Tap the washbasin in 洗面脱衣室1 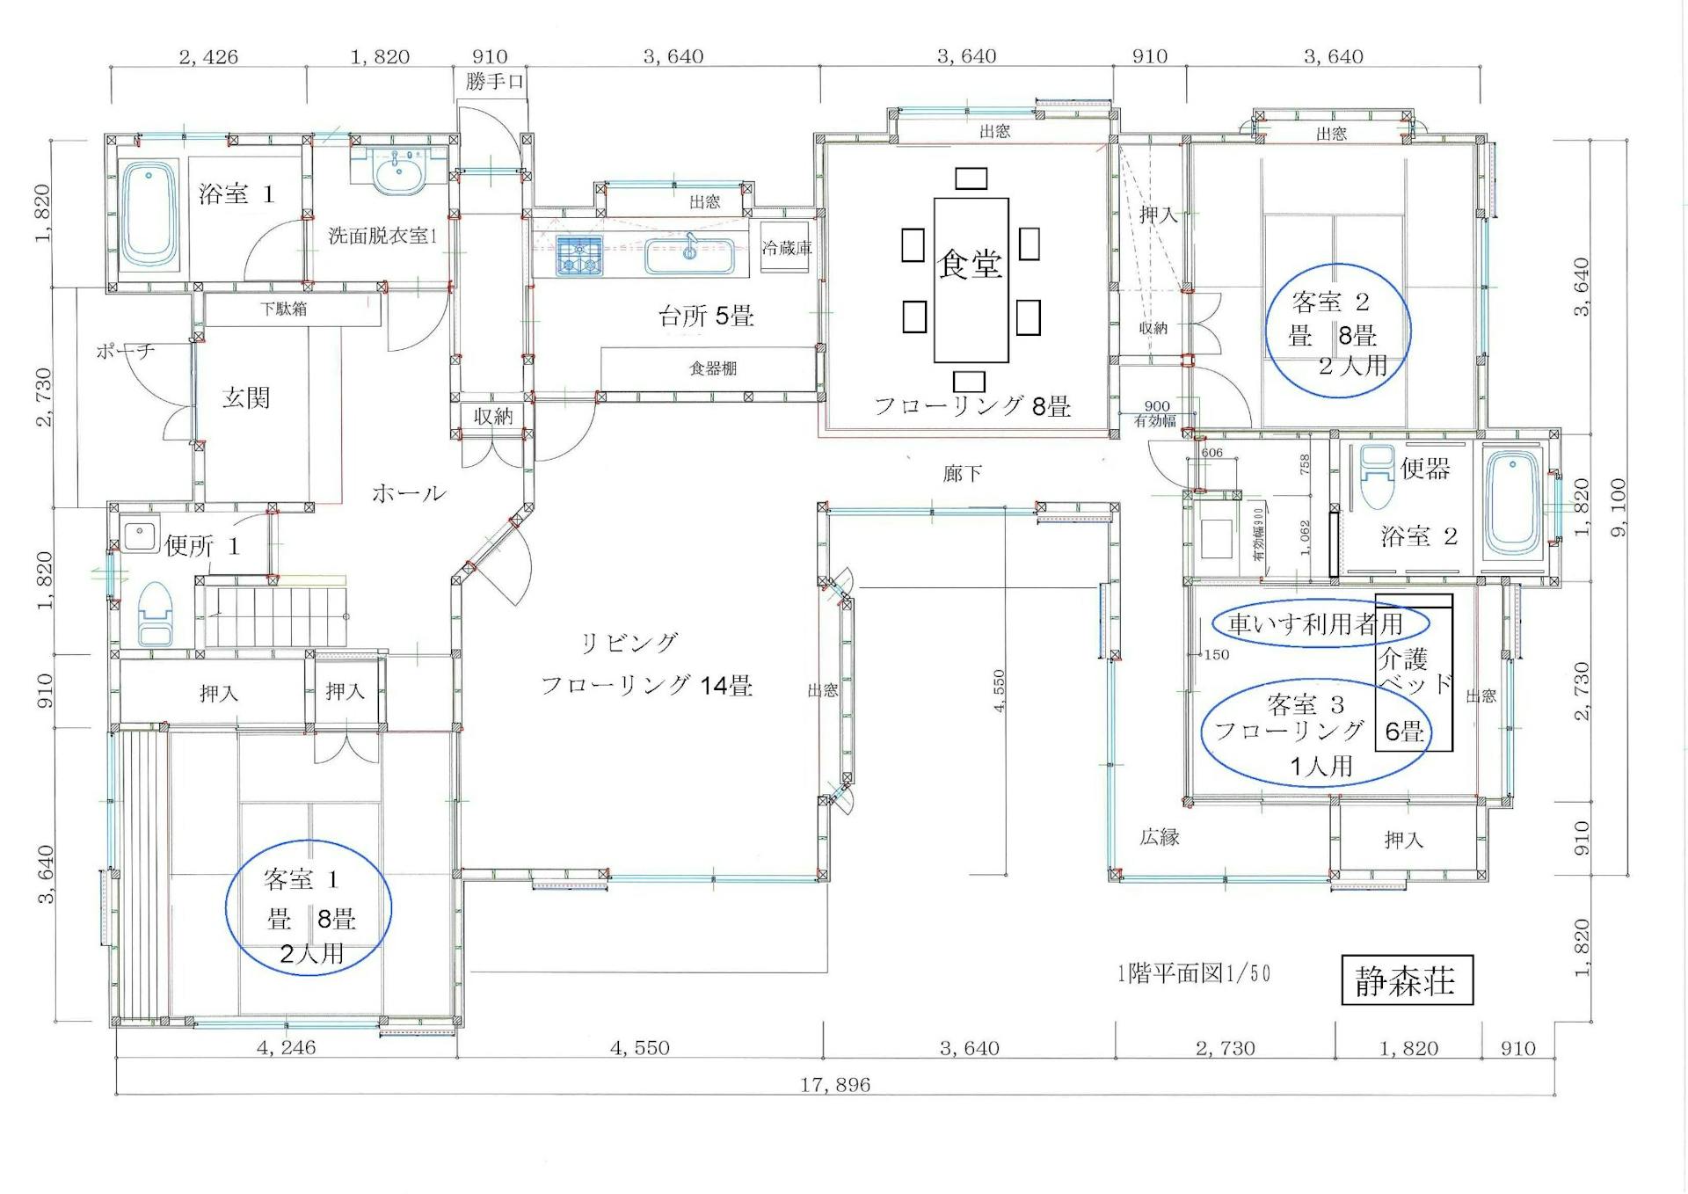(400, 172)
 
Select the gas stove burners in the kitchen (579, 255)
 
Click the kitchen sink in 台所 (689, 256)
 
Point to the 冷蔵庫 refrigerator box (785, 248)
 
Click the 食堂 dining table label (970, 264)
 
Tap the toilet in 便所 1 (156, 613)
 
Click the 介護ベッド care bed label (1413, 671)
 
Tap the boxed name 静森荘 (1406, 980)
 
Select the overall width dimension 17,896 (835, 1085)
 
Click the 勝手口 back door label (495, 82)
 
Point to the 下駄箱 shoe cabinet (284, 309)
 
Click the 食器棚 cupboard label (712, 368)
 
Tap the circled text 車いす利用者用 (1315, 624)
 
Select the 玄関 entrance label (245, 398)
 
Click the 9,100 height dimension (1619, 506)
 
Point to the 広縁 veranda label (1160, 837)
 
